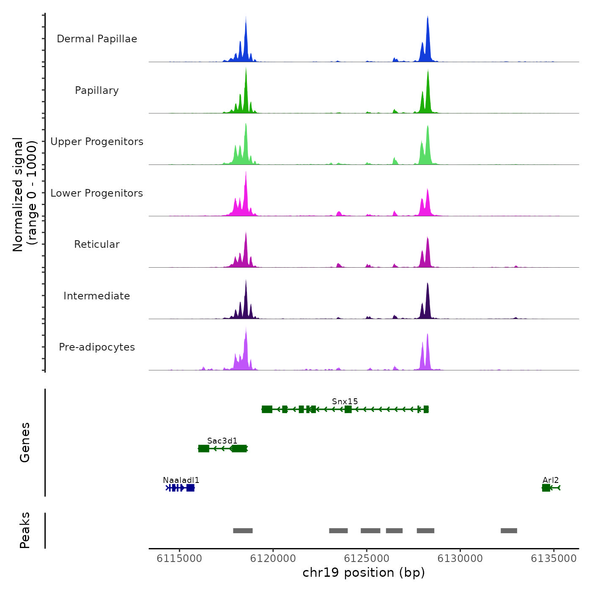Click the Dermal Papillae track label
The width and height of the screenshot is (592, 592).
coord(97,39)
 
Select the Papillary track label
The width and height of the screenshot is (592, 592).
coord(97,90)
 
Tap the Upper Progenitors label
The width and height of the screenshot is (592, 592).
coord(97,142)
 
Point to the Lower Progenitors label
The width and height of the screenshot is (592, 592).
coord(97,193)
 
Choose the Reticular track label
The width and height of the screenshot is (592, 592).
coord(97,244)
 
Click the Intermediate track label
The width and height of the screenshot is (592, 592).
coord(97,296)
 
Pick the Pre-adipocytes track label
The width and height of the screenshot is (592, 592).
coord(97,347)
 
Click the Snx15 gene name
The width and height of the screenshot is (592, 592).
coord(345,401)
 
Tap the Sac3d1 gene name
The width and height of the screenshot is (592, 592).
coord(222,441)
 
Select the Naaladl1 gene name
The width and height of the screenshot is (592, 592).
coord(181,480)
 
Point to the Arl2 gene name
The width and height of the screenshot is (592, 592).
coord(551,480)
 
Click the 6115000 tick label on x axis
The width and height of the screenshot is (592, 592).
coord(179,559)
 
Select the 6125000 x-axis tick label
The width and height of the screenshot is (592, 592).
coord(367,559)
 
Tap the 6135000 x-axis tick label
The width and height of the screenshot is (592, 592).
coord(554,559)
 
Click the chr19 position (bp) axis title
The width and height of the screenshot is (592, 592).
coord(364,573)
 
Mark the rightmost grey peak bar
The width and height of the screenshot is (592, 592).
coord(509,531)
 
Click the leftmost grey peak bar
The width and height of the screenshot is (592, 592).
coord(243,531)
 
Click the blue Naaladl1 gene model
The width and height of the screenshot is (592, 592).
coord(181,488)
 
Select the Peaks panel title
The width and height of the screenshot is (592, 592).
coord(25,530)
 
